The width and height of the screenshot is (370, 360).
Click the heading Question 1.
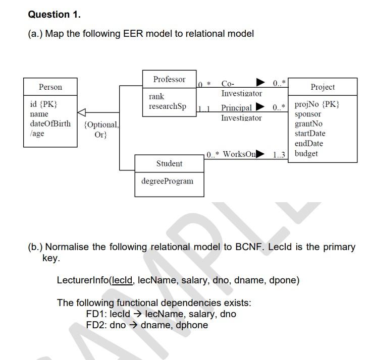(54, 15)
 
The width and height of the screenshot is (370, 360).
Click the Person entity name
(50, 87)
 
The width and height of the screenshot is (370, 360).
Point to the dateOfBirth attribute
(50, 124)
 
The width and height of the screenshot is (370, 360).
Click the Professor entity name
(169, 79)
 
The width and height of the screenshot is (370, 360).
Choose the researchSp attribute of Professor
(167, 106)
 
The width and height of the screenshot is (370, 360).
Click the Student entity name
(170, 163)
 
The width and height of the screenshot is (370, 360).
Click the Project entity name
(323, 87)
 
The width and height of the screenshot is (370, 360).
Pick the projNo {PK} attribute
(316, 104)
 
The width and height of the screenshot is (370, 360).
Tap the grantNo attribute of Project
(308, 124)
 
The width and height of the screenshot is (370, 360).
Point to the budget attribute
(306, 153)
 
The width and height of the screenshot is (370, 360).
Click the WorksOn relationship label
(239, 154)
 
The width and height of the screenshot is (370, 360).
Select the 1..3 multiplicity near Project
(279, 155)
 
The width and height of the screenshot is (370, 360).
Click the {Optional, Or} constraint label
(101, 129)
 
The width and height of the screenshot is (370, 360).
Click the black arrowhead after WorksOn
(260, 153)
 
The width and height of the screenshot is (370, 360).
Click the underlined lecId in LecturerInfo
(122, 280)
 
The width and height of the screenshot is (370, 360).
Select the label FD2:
(96, 325)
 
